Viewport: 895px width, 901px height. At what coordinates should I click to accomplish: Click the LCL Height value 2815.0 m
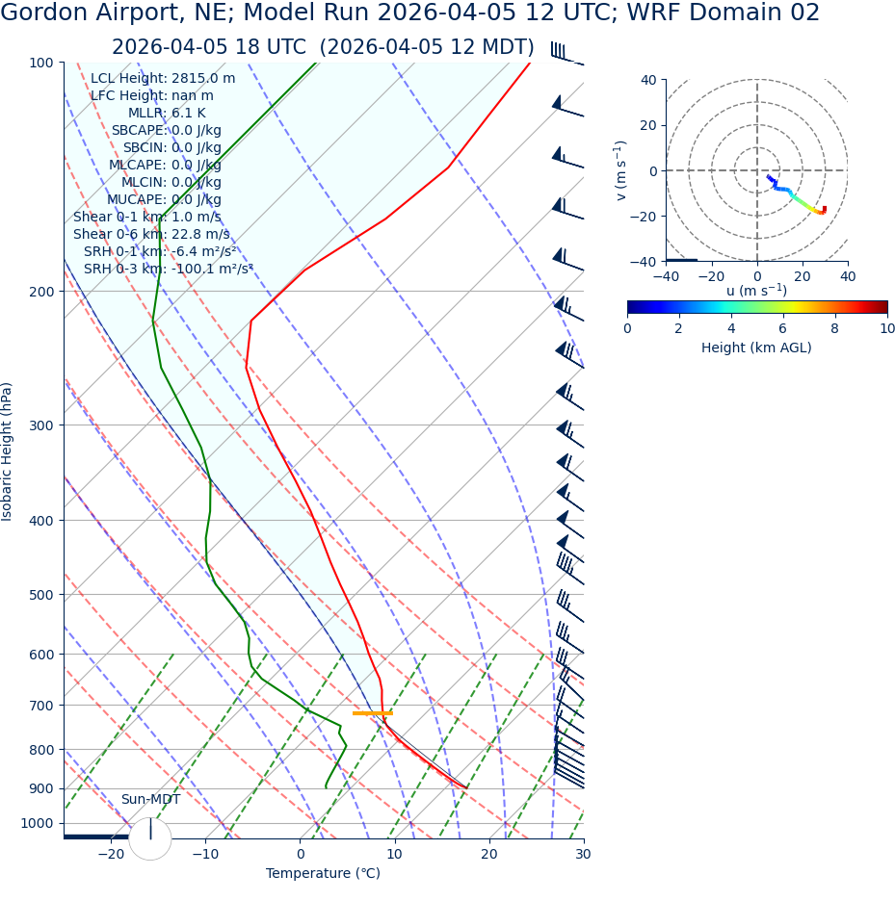[x=203, y=79]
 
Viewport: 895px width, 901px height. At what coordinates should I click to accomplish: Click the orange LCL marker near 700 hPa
[x=372, y=713]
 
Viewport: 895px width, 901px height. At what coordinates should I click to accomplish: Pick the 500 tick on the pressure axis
[x=41, y=595]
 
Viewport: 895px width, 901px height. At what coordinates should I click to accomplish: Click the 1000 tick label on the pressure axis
[x=38, y=823]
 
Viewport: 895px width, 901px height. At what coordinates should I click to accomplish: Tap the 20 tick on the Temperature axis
[x=489, y=855]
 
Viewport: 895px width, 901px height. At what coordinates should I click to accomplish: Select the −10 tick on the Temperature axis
[x=205, y=855]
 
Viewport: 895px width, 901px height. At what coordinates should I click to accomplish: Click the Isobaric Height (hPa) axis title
[x=8, y=451]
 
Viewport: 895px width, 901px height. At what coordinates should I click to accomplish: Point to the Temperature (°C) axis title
[x=323, y=874]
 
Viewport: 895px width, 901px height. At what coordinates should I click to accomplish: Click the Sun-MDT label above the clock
[x=150, y=800]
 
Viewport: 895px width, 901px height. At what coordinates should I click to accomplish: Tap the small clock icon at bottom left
[x=150, y=838]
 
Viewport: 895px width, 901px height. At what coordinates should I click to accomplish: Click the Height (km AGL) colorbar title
[x=756, y=348]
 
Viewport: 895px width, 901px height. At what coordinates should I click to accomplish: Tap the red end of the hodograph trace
[x=824, y=209]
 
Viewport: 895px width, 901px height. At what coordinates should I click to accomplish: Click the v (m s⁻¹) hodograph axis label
[x=621, y=170]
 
